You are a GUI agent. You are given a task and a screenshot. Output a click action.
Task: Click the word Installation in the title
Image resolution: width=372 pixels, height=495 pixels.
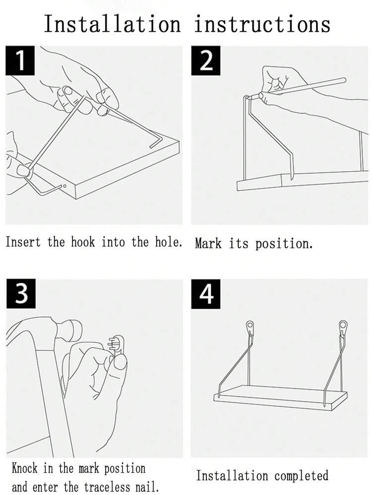coord(112,24)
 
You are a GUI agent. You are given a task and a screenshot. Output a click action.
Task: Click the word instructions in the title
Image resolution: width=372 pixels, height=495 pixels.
coord(262,24)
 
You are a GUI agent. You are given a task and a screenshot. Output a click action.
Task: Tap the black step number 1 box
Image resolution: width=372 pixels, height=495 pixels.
coord(20,60)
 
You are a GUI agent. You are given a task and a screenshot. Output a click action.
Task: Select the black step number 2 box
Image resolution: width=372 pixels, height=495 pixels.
coord(206,60)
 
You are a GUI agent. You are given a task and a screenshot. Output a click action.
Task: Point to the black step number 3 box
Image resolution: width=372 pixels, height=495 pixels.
coord(21,294)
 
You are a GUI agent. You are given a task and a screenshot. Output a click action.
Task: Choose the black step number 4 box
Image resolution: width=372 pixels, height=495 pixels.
coord(206,294)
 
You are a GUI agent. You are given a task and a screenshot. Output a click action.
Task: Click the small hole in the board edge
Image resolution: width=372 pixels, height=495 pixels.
coord(64,186)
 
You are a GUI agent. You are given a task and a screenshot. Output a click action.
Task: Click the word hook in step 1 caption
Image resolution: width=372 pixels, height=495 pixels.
coord(82,242)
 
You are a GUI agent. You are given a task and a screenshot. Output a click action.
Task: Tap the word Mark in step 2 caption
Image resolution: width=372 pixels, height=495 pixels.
coord(208,243)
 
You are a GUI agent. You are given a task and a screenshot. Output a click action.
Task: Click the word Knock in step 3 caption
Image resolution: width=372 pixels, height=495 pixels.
coord(24,468)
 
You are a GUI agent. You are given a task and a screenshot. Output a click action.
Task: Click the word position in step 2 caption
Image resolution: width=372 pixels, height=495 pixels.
coord(284,244)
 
